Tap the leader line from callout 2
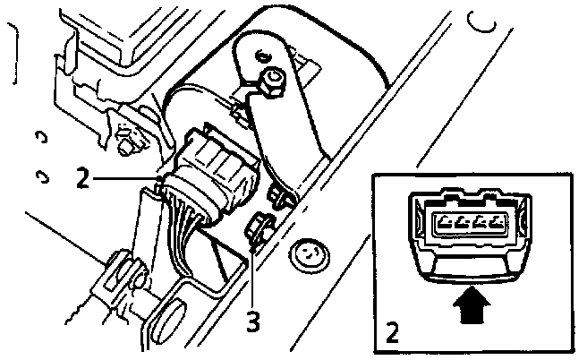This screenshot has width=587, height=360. coord(125,180)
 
